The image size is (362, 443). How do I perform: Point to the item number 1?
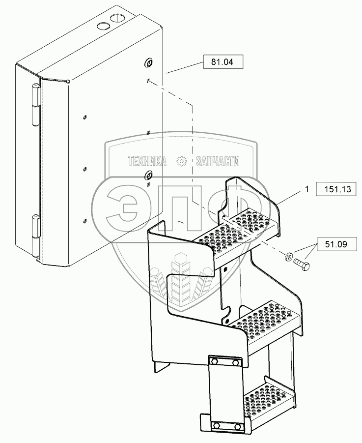pos(307,189)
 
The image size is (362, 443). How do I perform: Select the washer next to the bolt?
pos(289,256)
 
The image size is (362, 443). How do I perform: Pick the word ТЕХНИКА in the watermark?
pos(146,161)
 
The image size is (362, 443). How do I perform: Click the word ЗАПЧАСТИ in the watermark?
pos(217,161)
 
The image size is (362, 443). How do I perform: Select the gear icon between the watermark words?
pos(181,161)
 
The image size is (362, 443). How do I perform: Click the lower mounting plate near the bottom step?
pos(225,425)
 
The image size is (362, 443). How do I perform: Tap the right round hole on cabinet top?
pos(116,19)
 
